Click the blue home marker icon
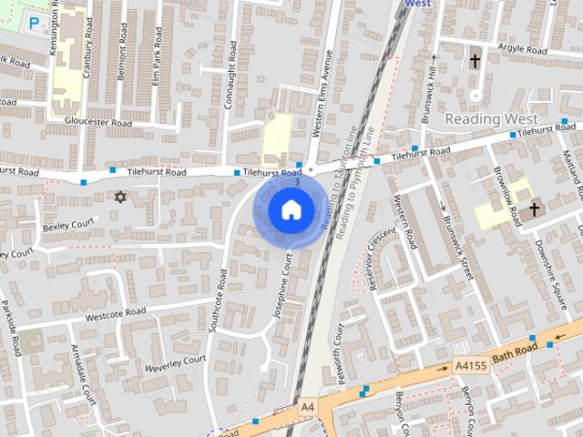pos(291,210)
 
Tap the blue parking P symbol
pos(35,22)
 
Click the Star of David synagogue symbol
pos(119,196)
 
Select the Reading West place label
pos(491,119)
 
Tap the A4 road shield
pos(307,406)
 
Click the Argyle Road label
pos(522,48)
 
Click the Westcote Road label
pos(116,313)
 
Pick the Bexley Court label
pos(68,223)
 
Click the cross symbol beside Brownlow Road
pos(534,209)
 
